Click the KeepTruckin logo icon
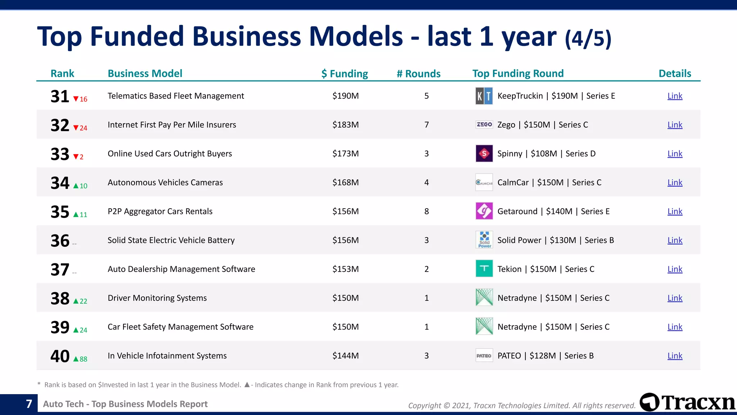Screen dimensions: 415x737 tap(484, 96)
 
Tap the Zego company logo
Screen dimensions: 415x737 tap(484, 125)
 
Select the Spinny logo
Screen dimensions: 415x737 tap(484, 153)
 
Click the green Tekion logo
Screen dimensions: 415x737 tap(484, 269)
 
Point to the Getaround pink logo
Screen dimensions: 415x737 tap(484, 211)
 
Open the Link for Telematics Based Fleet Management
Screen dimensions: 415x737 tap(675, 96)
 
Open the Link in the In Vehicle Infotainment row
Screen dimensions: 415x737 tap(675, 356)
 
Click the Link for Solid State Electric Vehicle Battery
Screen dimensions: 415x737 tap(675, 240)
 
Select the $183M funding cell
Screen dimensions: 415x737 tap(345, 125)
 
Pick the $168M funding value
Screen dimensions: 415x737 tap(345, 182)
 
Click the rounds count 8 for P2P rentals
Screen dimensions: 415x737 tap(426, 211)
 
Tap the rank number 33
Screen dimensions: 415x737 tap(60, 154)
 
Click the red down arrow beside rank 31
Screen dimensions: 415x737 tap(76, 99)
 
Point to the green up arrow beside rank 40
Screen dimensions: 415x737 tap(76, 359)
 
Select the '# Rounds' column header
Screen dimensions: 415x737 tap(419, 73)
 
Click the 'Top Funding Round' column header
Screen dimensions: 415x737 tap(518, 73)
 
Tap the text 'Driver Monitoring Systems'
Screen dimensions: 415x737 tap(157, 298)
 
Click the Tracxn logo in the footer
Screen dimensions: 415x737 tap(687, 402)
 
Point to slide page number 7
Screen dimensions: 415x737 tap(29, 404)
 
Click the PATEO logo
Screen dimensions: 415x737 tap(484, 356)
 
